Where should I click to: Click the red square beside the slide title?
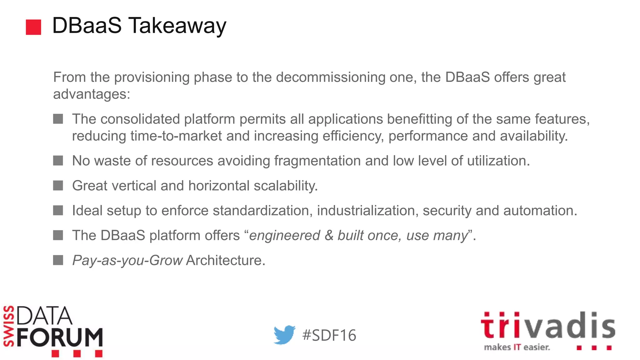33,27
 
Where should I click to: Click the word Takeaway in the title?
177,26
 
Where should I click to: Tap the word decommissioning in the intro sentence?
331,77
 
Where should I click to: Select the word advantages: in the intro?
92,94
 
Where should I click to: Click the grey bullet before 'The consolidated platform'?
58,119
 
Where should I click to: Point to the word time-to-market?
176,136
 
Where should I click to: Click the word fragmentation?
317,161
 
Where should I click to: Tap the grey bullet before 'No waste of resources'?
58,161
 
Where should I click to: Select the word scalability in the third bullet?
285,186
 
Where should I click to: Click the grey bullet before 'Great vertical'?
58,186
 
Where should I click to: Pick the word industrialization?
367,210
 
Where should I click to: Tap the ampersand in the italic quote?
329,235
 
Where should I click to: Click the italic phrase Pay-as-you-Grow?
127,260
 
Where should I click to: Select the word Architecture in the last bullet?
225,260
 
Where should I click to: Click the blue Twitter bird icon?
284,335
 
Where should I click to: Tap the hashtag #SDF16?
329,335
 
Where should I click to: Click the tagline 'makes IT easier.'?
517,347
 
